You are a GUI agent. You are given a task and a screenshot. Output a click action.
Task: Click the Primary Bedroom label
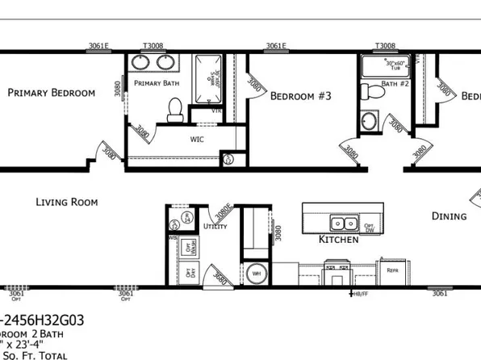pyautogui.click(x=51, y=93)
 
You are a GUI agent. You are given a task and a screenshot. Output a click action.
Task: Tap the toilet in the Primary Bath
pyautogui.click(x=174, y=110)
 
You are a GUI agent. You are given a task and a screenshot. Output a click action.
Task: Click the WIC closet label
pyautogui.click(x=197, y=139)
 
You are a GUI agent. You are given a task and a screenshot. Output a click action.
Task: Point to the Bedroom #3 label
pyautogui.click(x=300, y=96)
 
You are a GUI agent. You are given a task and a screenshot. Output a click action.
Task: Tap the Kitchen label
pyautogui.click(x=337, y=240)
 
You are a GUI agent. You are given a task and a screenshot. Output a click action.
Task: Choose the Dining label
pyautogui.click(x=449, y=216)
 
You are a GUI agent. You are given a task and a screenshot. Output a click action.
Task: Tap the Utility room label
pyautogui.click(x=215, y=227)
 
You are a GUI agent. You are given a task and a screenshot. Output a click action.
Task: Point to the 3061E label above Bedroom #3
pyautogui.click(x=276, y=46)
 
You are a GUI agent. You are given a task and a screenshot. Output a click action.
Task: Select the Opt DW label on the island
pyautogui.click(x=369, y=227)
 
